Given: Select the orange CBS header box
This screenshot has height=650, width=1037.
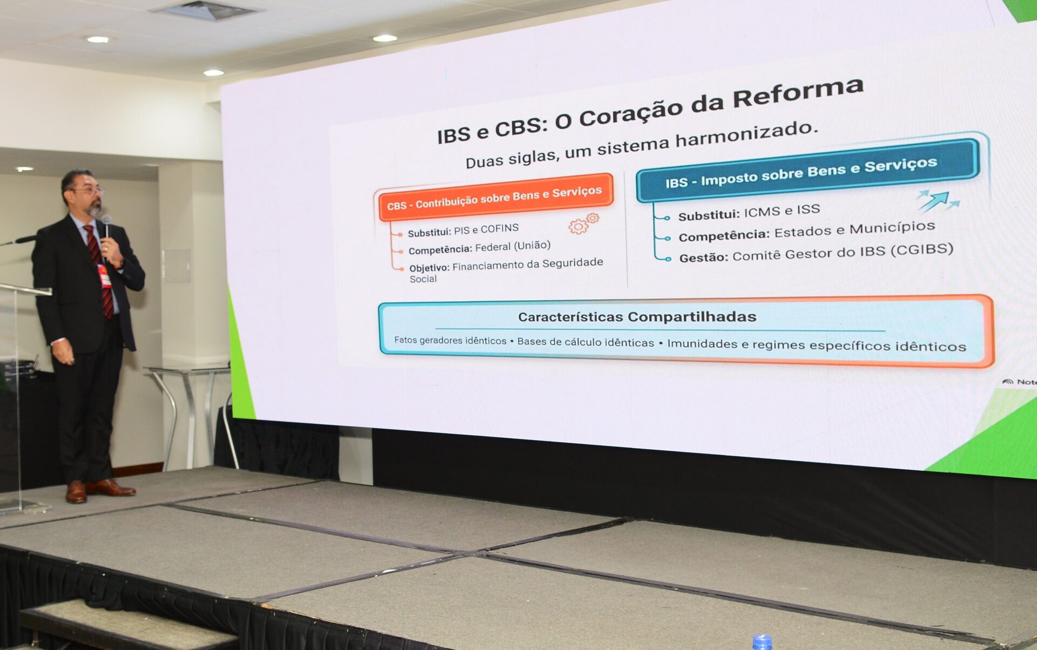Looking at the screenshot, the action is point(496,198).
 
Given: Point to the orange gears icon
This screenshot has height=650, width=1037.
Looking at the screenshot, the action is point(584,223).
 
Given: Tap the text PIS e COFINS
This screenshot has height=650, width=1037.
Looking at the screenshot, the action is point(486,229).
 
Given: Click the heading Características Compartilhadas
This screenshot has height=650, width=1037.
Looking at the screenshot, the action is point(637,317).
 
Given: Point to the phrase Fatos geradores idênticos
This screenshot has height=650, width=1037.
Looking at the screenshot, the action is point(450,340).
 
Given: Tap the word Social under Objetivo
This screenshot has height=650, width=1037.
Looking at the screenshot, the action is point(423,279).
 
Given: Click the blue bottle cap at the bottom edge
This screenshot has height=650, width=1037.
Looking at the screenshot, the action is point(762,642).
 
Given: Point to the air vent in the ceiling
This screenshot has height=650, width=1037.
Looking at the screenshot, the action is point(204,10).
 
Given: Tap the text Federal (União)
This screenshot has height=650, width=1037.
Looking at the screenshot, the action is point(513,246).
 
